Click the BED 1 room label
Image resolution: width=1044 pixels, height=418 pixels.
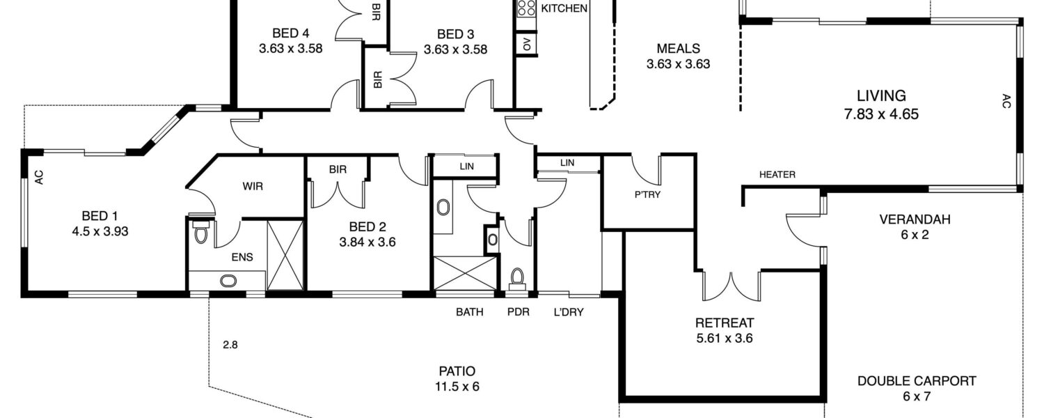(x=100, y=216)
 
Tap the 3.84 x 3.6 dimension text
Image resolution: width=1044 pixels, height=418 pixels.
(x=367, y=242)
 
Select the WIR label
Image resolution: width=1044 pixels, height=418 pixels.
(x=253, y=187)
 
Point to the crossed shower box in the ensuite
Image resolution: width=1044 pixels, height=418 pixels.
(x=285, y=255)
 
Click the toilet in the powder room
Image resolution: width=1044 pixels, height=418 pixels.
(x=517, y=277)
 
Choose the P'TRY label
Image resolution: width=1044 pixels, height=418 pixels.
(x=647, y=194)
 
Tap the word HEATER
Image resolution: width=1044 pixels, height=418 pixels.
(x=777, y=174)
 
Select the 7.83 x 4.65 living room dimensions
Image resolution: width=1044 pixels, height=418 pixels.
(x=881, y=114)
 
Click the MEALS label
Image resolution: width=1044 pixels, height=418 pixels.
(x=678, y=49)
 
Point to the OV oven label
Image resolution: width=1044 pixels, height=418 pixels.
(x=527, y=45)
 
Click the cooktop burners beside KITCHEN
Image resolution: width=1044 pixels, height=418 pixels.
(x=527, y=8)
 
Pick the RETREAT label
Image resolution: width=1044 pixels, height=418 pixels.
(x=725, y=323)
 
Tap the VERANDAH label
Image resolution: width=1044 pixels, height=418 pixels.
(x=915, y=219)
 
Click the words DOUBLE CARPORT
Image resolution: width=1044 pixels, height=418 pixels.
(x=917, y=381)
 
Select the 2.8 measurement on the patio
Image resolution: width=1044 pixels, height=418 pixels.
(x=230, y=346)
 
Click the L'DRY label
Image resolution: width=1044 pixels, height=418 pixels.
(x=568, y=312)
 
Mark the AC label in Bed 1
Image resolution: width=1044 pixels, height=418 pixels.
(x=40, y=177)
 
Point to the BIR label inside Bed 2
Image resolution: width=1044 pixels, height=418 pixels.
(x=338, y=169)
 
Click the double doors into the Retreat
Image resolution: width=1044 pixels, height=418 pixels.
(x=731, y=286)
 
